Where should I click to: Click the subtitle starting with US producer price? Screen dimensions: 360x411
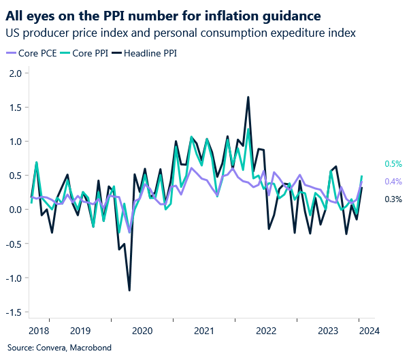pos(180,32)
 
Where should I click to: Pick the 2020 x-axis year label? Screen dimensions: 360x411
pos(142,331)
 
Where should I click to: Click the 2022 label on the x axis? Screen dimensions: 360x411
pos(265,331)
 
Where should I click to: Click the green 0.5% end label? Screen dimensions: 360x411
pos(393,164)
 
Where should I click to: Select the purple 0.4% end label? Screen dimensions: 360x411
pos(393,181)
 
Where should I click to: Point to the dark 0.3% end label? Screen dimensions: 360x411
pos(393,199)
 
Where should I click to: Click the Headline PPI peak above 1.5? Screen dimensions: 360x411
pos(248,97)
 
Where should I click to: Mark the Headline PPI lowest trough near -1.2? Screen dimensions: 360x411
pos(129,290)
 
